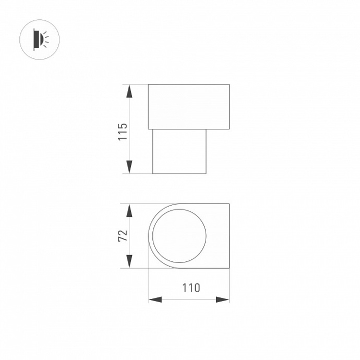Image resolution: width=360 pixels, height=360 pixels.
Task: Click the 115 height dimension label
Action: [123, 132]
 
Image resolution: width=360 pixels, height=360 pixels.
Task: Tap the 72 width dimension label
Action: [123, 236]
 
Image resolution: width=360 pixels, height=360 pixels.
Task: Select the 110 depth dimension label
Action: [191, 287]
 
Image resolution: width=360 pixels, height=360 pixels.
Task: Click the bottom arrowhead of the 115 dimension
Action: [129, 167]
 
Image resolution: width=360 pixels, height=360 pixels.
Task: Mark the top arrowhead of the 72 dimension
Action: [129, 210]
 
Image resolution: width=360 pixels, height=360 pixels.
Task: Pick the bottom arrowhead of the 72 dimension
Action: [129, 262]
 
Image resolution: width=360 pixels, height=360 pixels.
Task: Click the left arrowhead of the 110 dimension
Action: [155, 299]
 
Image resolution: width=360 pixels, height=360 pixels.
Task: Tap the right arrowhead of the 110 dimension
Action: [223, 299]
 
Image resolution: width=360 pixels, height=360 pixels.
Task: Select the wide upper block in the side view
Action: [189, 106]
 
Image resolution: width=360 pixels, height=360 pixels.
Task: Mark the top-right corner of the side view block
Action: [229, 85]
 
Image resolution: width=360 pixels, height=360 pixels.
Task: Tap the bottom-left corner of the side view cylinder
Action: [152, 173]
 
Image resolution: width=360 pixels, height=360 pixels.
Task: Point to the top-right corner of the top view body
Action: [229, 204]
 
